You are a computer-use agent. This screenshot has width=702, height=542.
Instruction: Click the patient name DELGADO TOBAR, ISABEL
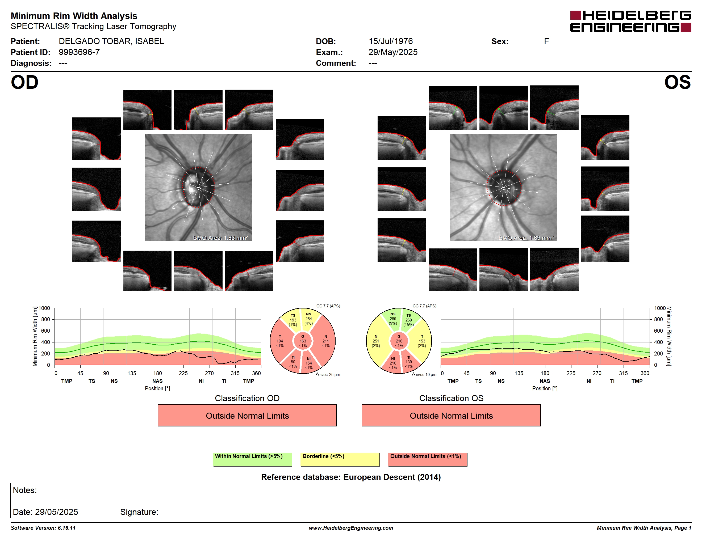pyautogui.click(x=111, y=41)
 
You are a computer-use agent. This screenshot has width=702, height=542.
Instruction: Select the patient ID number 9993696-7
pyautogui.click(x=79, y=52)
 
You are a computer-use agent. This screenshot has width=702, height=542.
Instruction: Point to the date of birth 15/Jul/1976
pyautogui.click(x=391, y=41)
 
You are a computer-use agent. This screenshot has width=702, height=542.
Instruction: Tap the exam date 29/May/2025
pyautogui.click(x=393, y=52)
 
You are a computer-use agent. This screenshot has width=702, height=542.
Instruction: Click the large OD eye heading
pyautogui.click(x=24, y=83)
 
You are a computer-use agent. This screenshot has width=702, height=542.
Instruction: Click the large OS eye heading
pyautogui.click(x=678, y=83)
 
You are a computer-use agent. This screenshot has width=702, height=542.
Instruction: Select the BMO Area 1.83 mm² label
pyautogui.click(x=220, y=238)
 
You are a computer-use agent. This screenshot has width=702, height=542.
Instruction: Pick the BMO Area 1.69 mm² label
pyautogui.click(x=526, y=238)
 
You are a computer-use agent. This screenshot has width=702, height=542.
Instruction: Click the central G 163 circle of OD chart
pyautogui.click(x=303, y=341)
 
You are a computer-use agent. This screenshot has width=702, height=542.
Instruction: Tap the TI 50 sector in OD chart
pyautogui.click(x=292, y=362)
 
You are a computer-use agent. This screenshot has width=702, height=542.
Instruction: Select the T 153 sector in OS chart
pyautogui.click(x=421, y=341)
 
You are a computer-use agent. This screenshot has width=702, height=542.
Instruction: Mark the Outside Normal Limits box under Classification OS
pyautogui.click(x=451, y=416)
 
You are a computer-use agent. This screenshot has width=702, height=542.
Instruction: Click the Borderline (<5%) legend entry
pyautogui.click(x=340, y=459)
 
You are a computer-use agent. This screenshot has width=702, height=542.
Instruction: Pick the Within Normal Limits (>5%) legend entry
pyautogui.click(x=252, y=459)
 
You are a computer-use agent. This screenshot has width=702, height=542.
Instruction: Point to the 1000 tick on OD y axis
pyautogui.click(x=44, y=308)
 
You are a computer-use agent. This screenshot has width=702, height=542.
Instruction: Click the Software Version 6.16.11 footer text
pyautogui.click(x=43, y=528)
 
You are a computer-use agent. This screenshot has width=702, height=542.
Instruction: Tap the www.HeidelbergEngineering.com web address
pyautogui.click(x=351, y=528)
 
